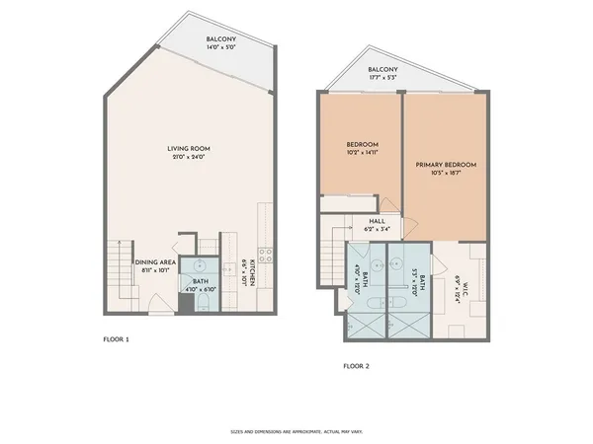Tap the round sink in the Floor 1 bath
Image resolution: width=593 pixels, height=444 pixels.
click(x=199, y=266)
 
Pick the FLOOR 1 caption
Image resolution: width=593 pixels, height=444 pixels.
click(x=117, y=339)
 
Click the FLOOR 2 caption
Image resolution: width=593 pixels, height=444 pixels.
click(x=356, y=366)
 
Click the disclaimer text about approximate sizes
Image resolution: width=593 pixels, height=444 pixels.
click(x=296, y=431)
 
